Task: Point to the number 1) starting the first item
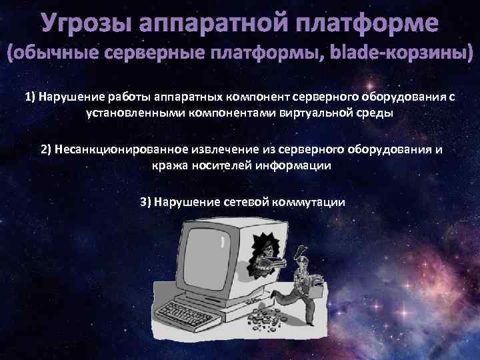tap(30, 97)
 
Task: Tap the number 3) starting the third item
tap(146, 202)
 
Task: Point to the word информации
tap(295, 165)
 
